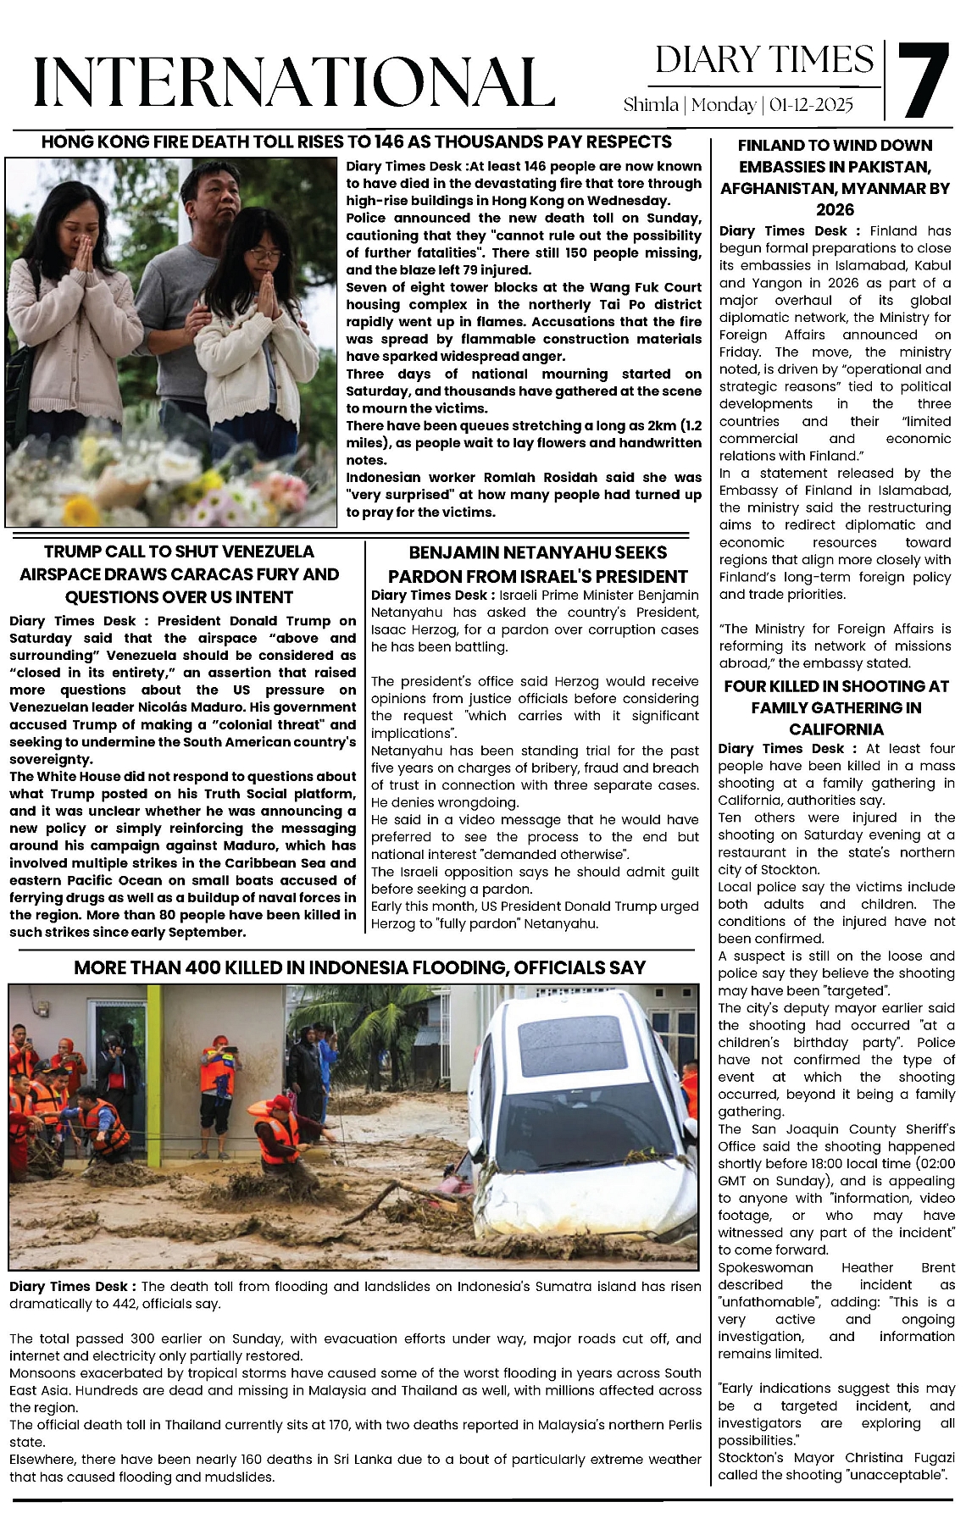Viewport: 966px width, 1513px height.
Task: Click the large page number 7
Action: (x=924, y=80)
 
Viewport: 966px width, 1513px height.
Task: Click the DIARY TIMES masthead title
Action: (x=764, y=60)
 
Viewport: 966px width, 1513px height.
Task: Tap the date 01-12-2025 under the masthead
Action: (x=812, y=105)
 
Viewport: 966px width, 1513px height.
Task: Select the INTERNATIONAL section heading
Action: (x=294, y=82)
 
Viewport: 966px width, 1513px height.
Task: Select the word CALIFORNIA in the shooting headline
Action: (x=836, y=729)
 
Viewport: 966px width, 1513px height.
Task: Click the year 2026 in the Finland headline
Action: (x=835, y=210)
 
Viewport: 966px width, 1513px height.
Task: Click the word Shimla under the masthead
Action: (x=651, y=105)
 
